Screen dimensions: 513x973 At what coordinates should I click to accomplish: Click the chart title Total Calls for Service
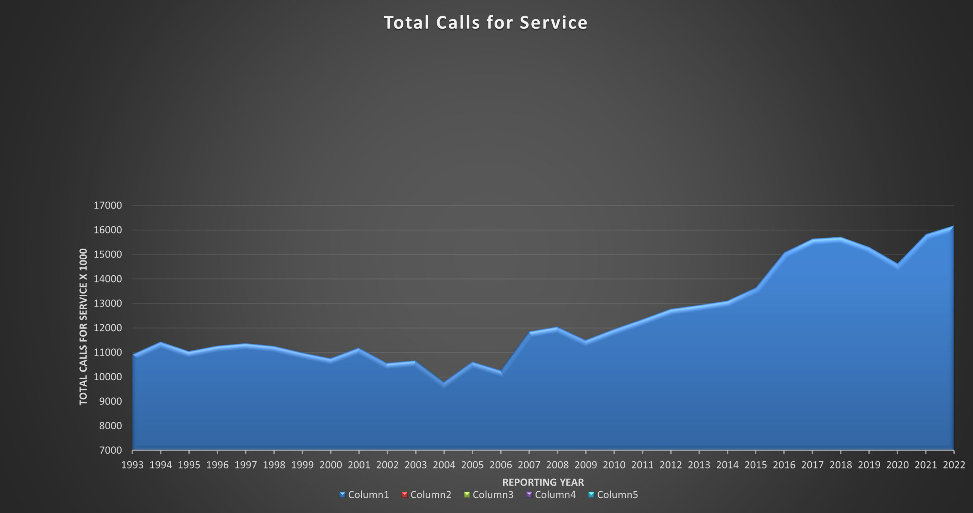485,23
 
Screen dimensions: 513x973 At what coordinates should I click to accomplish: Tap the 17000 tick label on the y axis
108,206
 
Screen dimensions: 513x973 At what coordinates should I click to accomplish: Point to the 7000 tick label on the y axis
110,450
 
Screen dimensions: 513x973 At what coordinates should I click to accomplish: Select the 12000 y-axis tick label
108,328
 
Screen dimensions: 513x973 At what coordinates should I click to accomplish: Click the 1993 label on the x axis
132,465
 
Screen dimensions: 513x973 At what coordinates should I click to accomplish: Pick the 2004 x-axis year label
444,465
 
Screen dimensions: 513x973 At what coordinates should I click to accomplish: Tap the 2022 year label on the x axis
954,465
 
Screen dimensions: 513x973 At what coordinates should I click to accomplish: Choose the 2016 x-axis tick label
784,465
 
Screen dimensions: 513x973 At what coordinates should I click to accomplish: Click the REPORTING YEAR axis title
543,482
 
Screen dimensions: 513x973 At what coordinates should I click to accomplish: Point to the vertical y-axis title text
83,327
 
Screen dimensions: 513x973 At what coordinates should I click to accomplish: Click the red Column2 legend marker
404,495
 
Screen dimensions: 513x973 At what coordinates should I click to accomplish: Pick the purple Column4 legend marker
529,495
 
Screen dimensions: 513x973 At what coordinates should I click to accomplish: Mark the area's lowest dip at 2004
444,384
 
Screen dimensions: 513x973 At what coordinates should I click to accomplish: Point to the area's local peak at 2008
557,328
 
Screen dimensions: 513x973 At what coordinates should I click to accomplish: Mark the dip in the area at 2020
898,265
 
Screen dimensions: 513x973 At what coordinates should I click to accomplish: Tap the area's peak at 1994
161,343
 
